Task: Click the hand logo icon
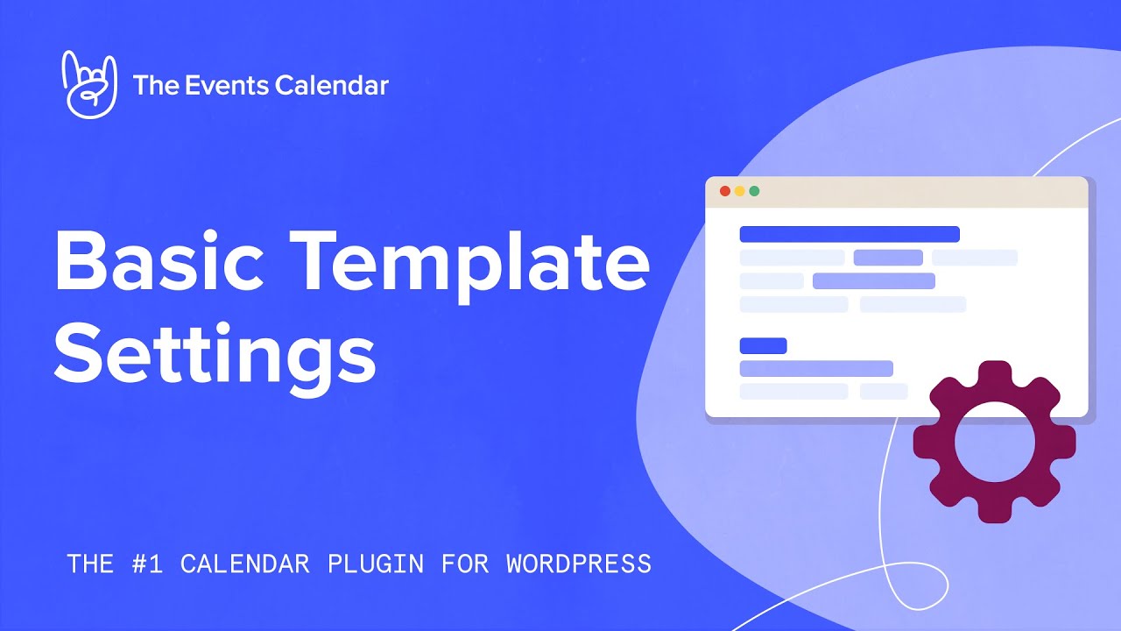tap(88, 84)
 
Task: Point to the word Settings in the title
tap(215, 356)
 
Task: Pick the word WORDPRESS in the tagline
tap(579, 564)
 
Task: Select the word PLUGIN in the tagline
tap(375, 564)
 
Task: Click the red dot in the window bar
tap(724, 191)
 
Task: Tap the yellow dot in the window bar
tap(739, 191)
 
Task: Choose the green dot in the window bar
tap(754, 191)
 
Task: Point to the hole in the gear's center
tap(995, 442)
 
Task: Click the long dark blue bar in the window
tap(850, 234)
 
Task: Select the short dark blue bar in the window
tap(763, 346)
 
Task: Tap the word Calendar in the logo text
tap(331, 85)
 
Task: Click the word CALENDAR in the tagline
tap(245, 564)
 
